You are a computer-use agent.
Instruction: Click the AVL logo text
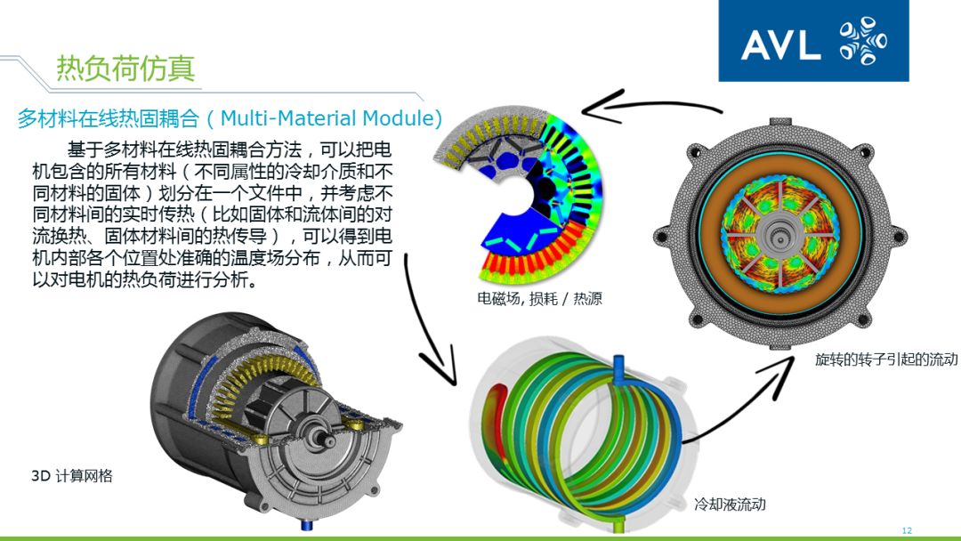(780, 44)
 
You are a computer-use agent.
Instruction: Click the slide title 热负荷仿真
(125, 68)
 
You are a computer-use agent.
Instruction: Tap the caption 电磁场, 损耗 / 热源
(539, 299)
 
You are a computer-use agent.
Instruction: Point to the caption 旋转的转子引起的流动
(886, 359)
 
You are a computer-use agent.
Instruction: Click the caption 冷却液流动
(730, 505)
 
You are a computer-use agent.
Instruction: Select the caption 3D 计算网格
(72, 475)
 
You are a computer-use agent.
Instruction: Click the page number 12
(907, 530)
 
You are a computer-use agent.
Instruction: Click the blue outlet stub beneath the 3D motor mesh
(307, 524)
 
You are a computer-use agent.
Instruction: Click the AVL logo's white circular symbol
(863, 42)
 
